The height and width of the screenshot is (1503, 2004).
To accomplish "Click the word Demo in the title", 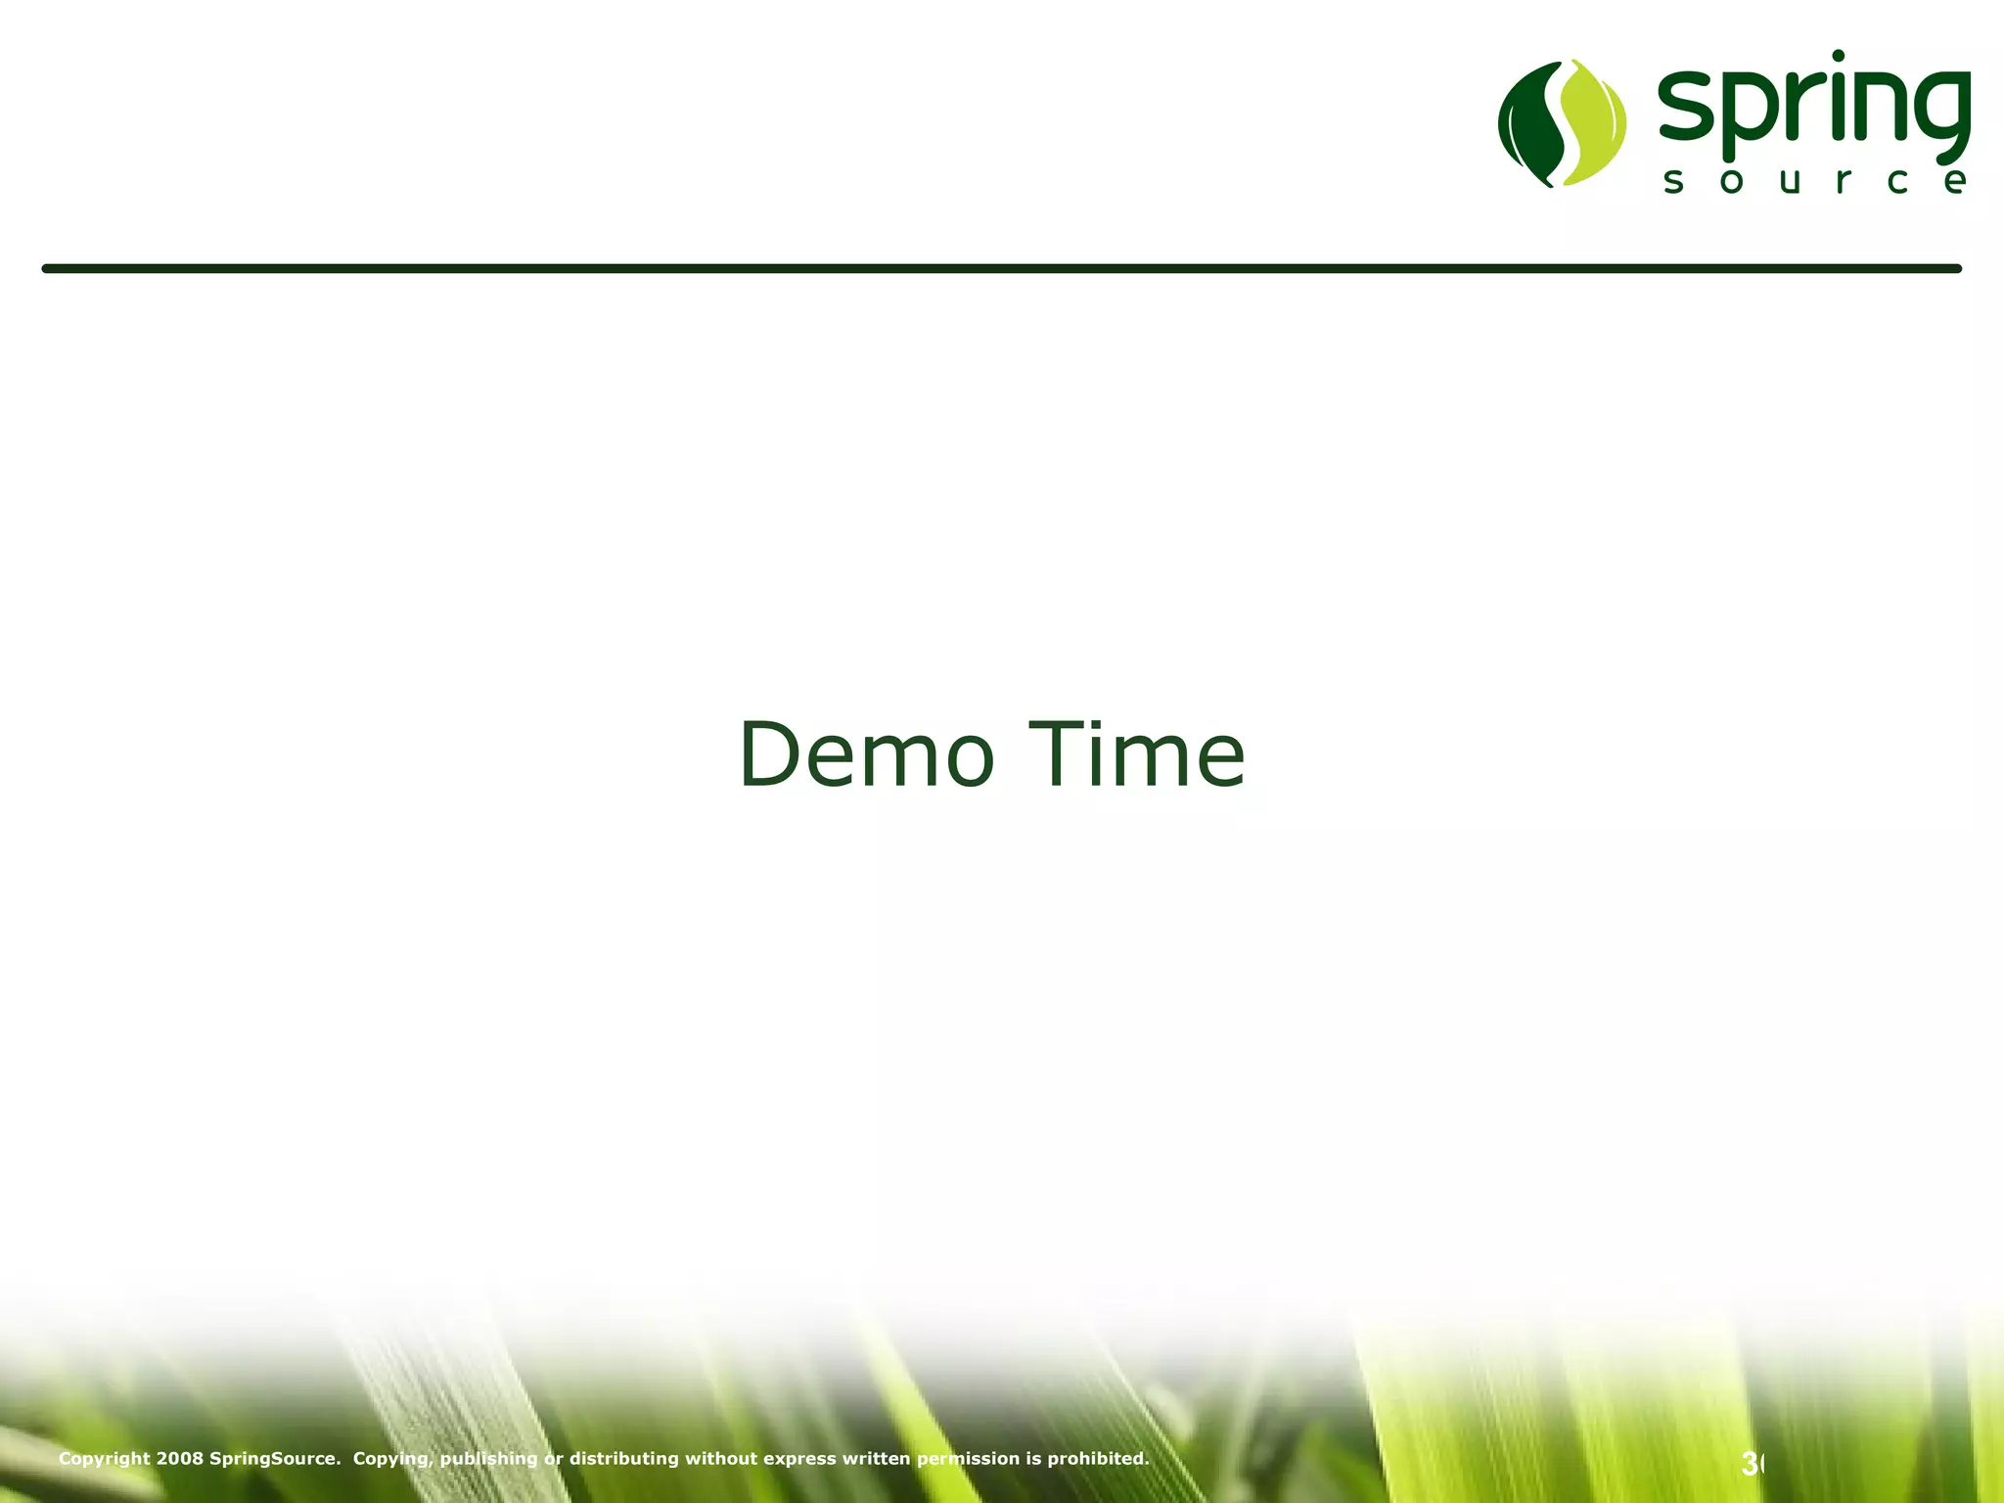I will pyautogui.click(x=867, y=754).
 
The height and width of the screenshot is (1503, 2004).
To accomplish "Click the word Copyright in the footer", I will pyautogui.click(x=105, y=1459).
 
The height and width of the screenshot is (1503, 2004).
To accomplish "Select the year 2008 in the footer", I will pyautogui.click(x=180, y=1459).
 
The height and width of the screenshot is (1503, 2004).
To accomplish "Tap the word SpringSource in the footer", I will pyautogui.click(x=274, y=1459).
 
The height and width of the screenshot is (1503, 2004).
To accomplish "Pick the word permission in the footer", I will pyautogui.click(x=968, y=1459).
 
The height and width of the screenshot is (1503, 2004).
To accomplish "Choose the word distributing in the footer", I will pyautogui.click(x=623, y=1459).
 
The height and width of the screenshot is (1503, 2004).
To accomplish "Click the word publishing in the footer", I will pyautogui.click(x=488, y=1459).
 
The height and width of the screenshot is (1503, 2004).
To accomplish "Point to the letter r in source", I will pyautogui.click(x=1843, y=181).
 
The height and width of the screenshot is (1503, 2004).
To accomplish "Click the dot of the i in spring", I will pyautogui.click(x=1838, y=57).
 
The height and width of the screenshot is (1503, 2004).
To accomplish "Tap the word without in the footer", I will pyautogui.click(x=720, y=1459).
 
